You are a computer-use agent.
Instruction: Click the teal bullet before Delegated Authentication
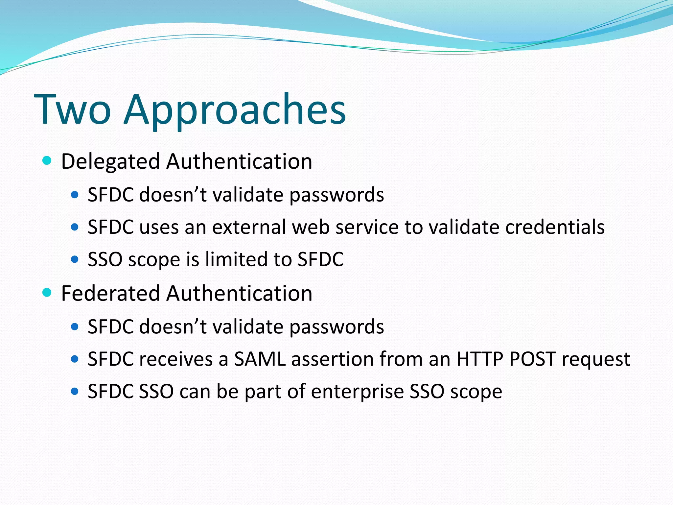coord(47,160)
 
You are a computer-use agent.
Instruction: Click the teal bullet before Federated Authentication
coord(47,292)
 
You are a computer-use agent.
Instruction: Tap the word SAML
coord(260,359)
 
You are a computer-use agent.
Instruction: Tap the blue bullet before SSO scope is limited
coord(75,259)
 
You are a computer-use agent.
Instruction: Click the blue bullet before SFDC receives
coord(75,359)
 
